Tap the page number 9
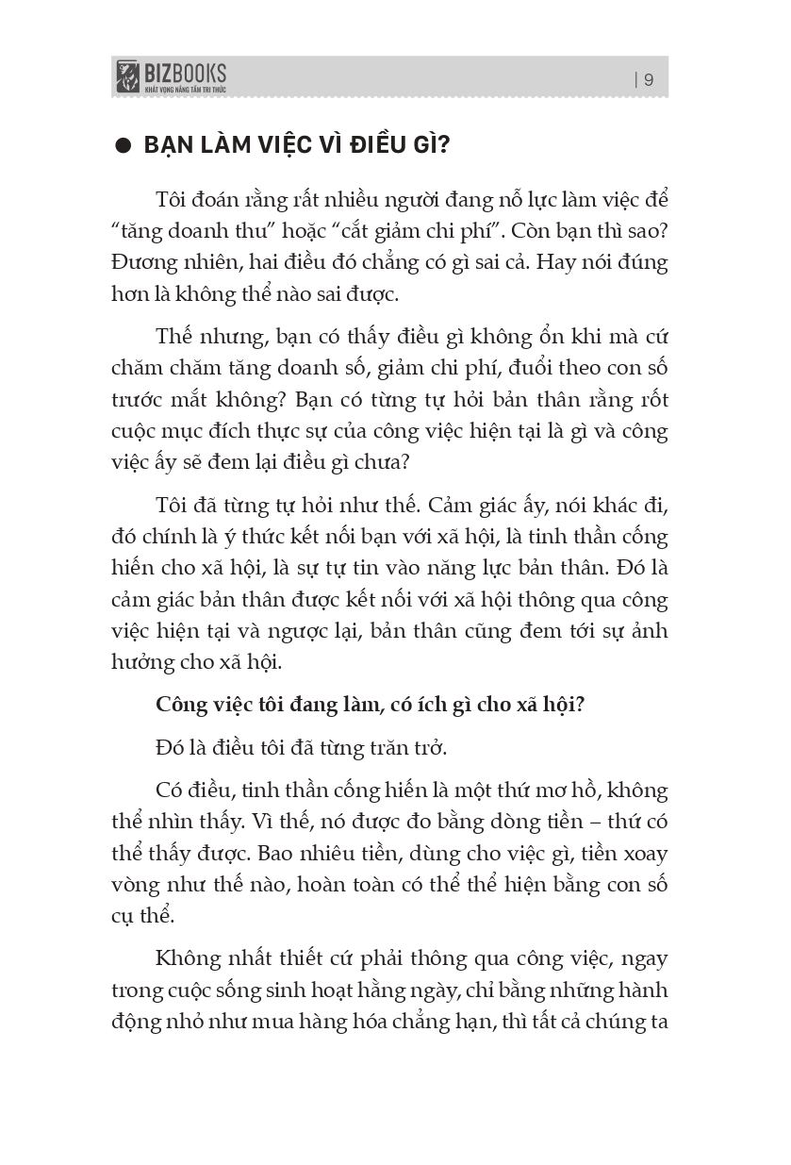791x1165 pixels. click(649, 80)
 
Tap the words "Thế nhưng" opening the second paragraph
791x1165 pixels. click(201, 338)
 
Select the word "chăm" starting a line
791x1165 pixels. click(135, 369)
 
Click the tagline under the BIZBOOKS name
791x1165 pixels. click(185, 89)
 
